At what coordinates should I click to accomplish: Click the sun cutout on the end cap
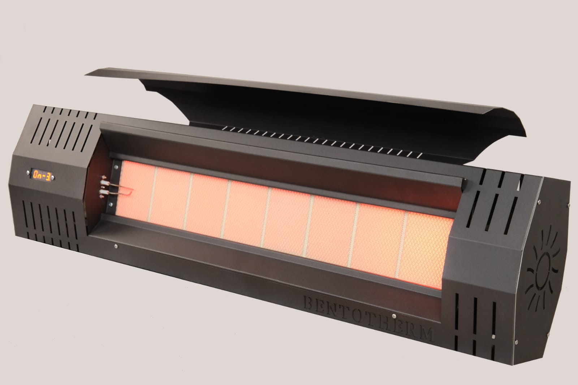tap(544, 269)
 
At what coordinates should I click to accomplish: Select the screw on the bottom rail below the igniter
tap(115, 247)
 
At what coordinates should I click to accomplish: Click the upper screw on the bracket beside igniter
tap(116, 166)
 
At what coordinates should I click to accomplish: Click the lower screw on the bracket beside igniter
tap(115, 205)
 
